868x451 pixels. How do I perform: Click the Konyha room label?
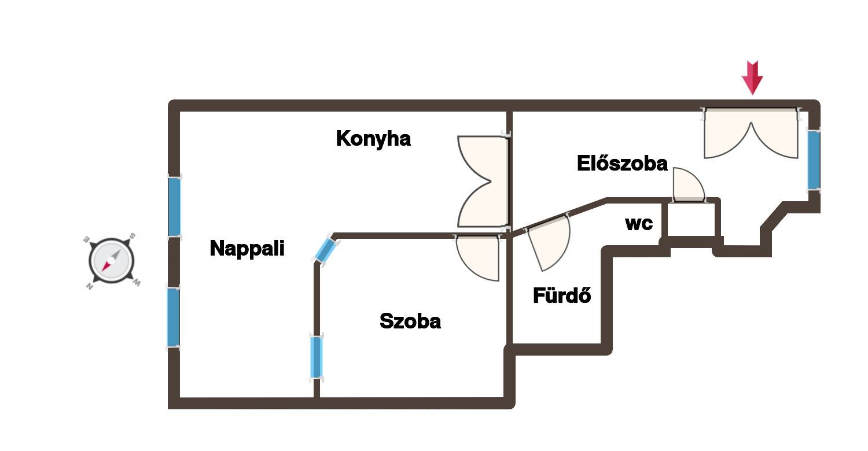[x=373, y=139]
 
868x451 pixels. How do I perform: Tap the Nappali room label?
[x=247, y=249]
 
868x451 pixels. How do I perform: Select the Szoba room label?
[x=410, y=321]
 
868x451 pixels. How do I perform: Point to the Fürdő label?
[x=562, y=296]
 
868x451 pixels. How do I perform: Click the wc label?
[x=639, y=224]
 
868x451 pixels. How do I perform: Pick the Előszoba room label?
[x=622, y=164]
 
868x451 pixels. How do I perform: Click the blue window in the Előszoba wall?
[x=814, y=160]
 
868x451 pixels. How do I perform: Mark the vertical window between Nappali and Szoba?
[x=316, y=357]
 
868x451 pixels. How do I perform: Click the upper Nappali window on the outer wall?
[x=174, y=206]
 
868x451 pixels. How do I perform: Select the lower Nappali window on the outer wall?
[x=173, y=317]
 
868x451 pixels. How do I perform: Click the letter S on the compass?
[x=132, y=236]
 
